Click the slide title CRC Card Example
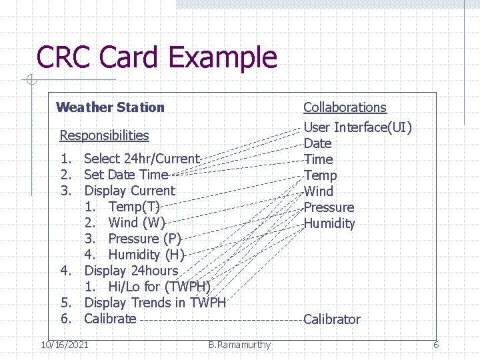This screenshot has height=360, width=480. click(157, 57)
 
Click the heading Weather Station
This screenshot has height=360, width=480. click(110, 107)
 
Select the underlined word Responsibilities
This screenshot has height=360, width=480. click(104, 135)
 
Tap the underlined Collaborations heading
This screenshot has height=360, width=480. click(345, 107)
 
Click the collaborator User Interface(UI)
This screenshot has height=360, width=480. click(357, 127)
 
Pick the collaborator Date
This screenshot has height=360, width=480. click(317, 143)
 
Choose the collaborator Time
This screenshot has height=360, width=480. click(318, 159)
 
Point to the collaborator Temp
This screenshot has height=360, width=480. click(320, 175)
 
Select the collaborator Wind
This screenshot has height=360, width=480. click(318, 191)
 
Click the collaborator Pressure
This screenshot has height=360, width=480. click(329, 207)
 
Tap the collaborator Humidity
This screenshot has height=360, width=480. click(329, 223)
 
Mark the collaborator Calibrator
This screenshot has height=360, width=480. click(331, 319)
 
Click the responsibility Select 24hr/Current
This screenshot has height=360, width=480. click(141, 159)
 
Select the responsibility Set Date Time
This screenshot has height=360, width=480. click(126, 175)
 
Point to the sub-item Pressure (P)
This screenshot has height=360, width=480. click(144, 239)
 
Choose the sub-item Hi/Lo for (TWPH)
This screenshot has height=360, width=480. click(159, 287)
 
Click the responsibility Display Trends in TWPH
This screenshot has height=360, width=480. click(155, 303)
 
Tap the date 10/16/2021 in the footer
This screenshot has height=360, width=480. click(64, 345)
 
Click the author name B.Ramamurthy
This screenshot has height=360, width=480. click(239, 345)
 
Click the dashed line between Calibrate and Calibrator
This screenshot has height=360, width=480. click(220, 319)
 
